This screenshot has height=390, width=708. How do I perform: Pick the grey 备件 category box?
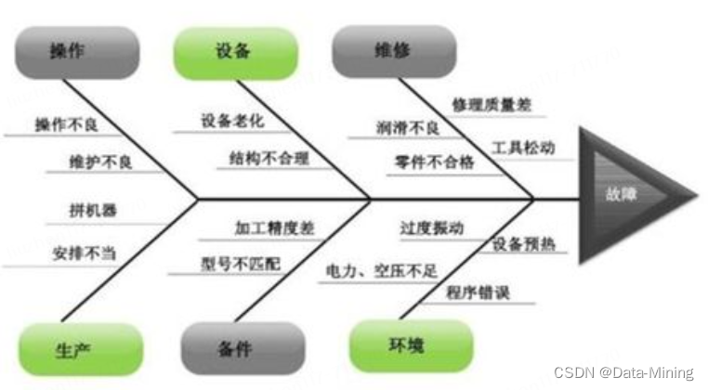click(x=234, y=349)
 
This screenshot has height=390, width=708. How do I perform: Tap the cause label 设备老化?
click(x=231, y=122)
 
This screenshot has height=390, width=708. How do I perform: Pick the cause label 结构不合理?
click(x=269, y=160)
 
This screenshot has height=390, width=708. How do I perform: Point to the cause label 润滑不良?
click(x=408, y=128)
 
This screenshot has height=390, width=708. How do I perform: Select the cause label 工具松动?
click(x=524, y=147)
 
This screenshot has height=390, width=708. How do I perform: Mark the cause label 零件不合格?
click(x=434, y=162)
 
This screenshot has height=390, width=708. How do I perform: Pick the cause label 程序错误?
click(x=478, y=292)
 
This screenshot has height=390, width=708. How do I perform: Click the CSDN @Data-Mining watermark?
click(x=623, y=372)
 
